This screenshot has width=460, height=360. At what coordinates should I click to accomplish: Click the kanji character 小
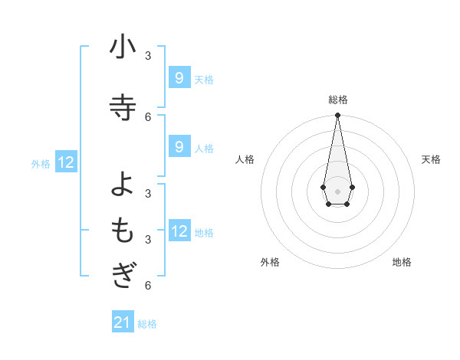(x=123, y=47)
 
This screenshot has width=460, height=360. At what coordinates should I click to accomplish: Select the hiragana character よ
(x=123, y=184)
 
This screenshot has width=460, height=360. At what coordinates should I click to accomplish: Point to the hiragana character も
(x=123, y=231)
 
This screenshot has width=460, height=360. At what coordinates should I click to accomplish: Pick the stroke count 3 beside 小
(x=148, y=56)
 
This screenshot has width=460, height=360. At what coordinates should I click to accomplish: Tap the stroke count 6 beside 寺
(x=148, y=116)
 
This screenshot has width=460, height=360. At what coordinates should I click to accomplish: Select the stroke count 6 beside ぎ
(x=148, y=286)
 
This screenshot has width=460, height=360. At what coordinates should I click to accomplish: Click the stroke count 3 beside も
(x=148, y=240)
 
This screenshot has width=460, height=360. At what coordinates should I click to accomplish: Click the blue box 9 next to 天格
(x=179, y=77)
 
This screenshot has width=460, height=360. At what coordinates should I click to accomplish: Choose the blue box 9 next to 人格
(x=179, y=146)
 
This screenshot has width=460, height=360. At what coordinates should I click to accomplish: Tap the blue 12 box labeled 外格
(x=65, y=162)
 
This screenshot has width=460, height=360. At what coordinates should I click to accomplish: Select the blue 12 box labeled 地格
(x=179, y=231)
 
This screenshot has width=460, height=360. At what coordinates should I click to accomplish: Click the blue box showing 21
(x=123, y=322)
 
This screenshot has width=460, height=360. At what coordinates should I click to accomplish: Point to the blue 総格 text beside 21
(x=147, y=324)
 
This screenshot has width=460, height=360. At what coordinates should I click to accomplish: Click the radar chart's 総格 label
(x=337, y=100)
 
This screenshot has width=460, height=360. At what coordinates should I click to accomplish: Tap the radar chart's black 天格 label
(x=431, y=159)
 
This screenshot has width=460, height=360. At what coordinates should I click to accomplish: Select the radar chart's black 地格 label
(x=402, y=262)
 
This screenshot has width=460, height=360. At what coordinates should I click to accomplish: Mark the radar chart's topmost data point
(x=337, y=115)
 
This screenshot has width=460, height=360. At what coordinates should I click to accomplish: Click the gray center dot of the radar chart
(x=337, y=191)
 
